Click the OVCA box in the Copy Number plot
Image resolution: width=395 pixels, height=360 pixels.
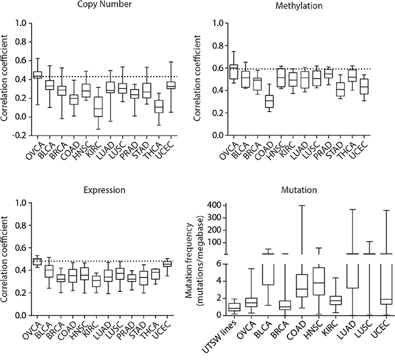click(x=37, y=75)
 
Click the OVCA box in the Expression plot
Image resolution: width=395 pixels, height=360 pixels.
click(x=37, y=262)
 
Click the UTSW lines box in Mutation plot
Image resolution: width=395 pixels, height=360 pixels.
click(x=233, y=307)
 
